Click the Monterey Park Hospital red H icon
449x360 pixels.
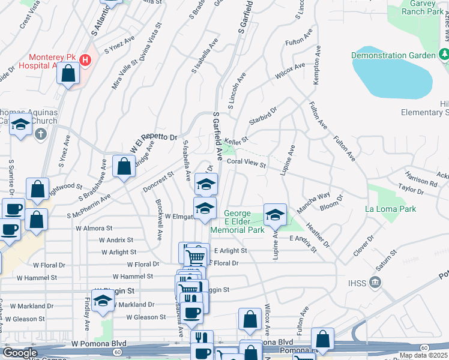(85, 60)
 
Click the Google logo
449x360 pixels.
(19, 353)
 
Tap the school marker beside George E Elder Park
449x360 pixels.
(275, 215)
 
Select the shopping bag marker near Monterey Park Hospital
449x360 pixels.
(68, 74)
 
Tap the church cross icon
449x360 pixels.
(40, 133)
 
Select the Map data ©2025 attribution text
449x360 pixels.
(423, 355)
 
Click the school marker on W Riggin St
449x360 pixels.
(103, 301)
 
